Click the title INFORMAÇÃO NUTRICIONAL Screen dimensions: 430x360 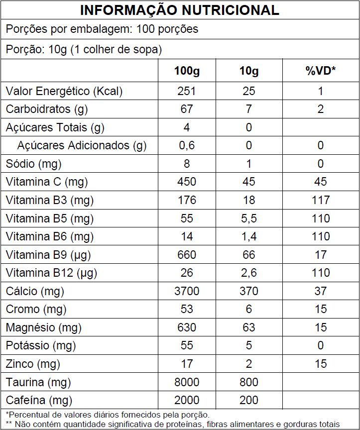point(180,10)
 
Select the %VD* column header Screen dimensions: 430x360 point(320,71)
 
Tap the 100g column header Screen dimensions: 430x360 point(187,71)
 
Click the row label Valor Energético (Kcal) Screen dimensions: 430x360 point(64,91)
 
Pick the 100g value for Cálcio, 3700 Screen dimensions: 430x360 point(187,291)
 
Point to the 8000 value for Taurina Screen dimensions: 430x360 point(187,382)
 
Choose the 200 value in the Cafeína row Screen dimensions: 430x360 point(249,400)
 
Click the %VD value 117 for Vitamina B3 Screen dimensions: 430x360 point(320,200)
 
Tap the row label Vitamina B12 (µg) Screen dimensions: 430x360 point(51,273)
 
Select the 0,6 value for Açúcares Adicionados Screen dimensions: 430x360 point(187,145)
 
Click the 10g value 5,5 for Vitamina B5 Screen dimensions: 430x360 point(249,218)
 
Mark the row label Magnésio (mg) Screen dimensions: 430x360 point(44,327)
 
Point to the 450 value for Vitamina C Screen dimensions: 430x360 point(187,182)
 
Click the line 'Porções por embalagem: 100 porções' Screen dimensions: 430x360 point(102,29)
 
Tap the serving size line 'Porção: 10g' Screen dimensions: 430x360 point(84,50)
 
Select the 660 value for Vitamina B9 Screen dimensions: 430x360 point(187,255)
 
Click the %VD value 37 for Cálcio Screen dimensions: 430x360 point(320,291)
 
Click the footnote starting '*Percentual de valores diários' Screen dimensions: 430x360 point(108,415)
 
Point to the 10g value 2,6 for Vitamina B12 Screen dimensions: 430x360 point(249,273)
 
